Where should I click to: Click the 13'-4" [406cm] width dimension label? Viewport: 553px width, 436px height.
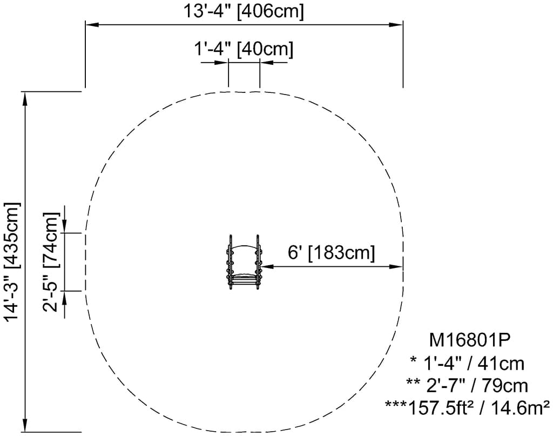pos(243,11)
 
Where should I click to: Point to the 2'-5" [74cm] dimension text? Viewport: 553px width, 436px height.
pos(50,262)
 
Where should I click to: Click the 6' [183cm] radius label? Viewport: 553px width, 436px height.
pos(331,252)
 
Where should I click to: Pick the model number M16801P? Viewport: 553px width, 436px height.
pos(469,340)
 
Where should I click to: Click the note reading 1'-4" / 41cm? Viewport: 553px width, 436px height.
pos(467,363)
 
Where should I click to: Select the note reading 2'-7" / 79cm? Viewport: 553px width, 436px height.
pos(467,386)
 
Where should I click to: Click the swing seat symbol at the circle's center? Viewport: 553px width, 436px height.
pos(244,262)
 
